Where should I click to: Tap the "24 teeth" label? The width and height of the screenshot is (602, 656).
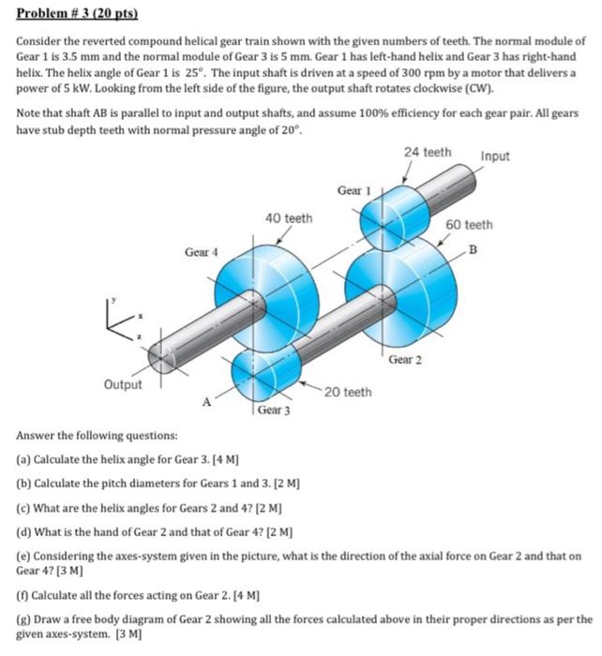(x=427, y=152)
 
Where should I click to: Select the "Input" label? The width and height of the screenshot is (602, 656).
(x=494, y=156)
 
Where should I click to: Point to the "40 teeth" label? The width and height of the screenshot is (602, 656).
(x=288, y=218)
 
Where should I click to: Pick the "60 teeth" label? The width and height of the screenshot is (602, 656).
(x=469, y=225)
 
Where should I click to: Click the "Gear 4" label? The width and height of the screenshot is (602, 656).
(x=202, y=252)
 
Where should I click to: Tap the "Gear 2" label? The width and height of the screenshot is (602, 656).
(x=405, y=359)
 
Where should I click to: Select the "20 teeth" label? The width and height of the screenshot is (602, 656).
(x=348, y=392)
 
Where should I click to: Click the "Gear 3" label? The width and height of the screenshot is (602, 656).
(x=274, y=410)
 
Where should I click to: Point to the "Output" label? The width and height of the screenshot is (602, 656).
(x=123, y=384)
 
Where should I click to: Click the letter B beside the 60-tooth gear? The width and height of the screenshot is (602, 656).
(x=473, y=248)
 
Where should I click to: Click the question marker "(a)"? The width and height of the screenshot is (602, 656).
(x=24, y=461)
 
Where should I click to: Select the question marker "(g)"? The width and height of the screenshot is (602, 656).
(x=24, y=619)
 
